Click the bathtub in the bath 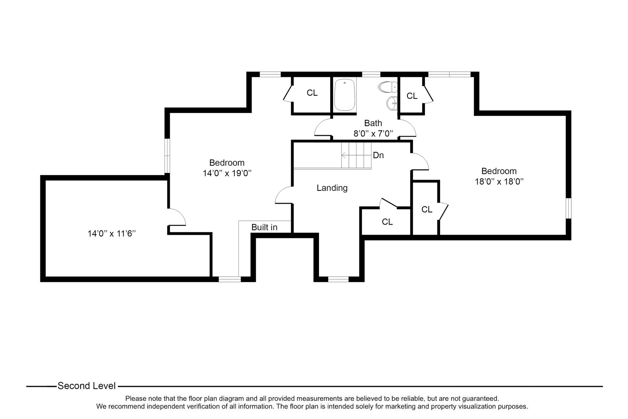point(345,95)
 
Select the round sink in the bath point(392,102)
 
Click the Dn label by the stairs point(378,155)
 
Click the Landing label point(332,188)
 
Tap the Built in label point(264,227)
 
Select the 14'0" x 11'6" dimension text point(112,234)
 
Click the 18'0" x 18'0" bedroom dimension point(499,181)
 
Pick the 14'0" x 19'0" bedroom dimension point(227,173)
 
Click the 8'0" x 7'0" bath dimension point(373,133)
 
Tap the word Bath point(373,123)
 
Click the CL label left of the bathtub point(312,93)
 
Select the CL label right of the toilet point(412,96)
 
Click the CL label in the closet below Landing point(387,222)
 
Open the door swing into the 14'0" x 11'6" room point(177,217)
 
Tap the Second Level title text point(86,386)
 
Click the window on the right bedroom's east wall point(568,208)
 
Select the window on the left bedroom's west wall point(167,156)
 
